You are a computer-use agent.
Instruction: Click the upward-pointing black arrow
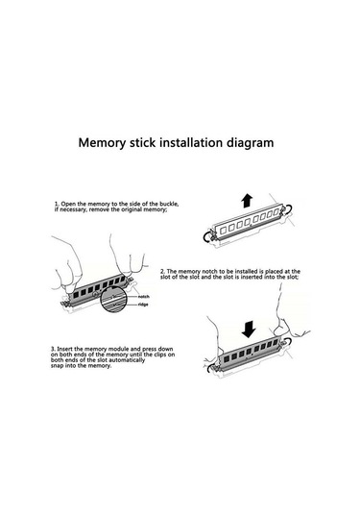(247, 200)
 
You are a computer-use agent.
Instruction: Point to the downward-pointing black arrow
(249, 330)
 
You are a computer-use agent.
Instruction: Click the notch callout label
(143, 296)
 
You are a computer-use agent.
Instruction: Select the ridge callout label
(143, 305)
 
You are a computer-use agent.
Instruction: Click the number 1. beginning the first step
(57, 204)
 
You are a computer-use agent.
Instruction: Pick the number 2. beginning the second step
(163, 272)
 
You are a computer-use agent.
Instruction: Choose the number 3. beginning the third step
(53, 349)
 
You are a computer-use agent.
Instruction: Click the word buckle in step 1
(169, 204)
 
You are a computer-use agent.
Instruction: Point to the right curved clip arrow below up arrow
(289, 209)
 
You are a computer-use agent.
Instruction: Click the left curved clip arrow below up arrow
(207, 237)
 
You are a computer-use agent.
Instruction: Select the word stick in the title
(142, 142)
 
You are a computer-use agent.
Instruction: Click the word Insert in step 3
(65, 349)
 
